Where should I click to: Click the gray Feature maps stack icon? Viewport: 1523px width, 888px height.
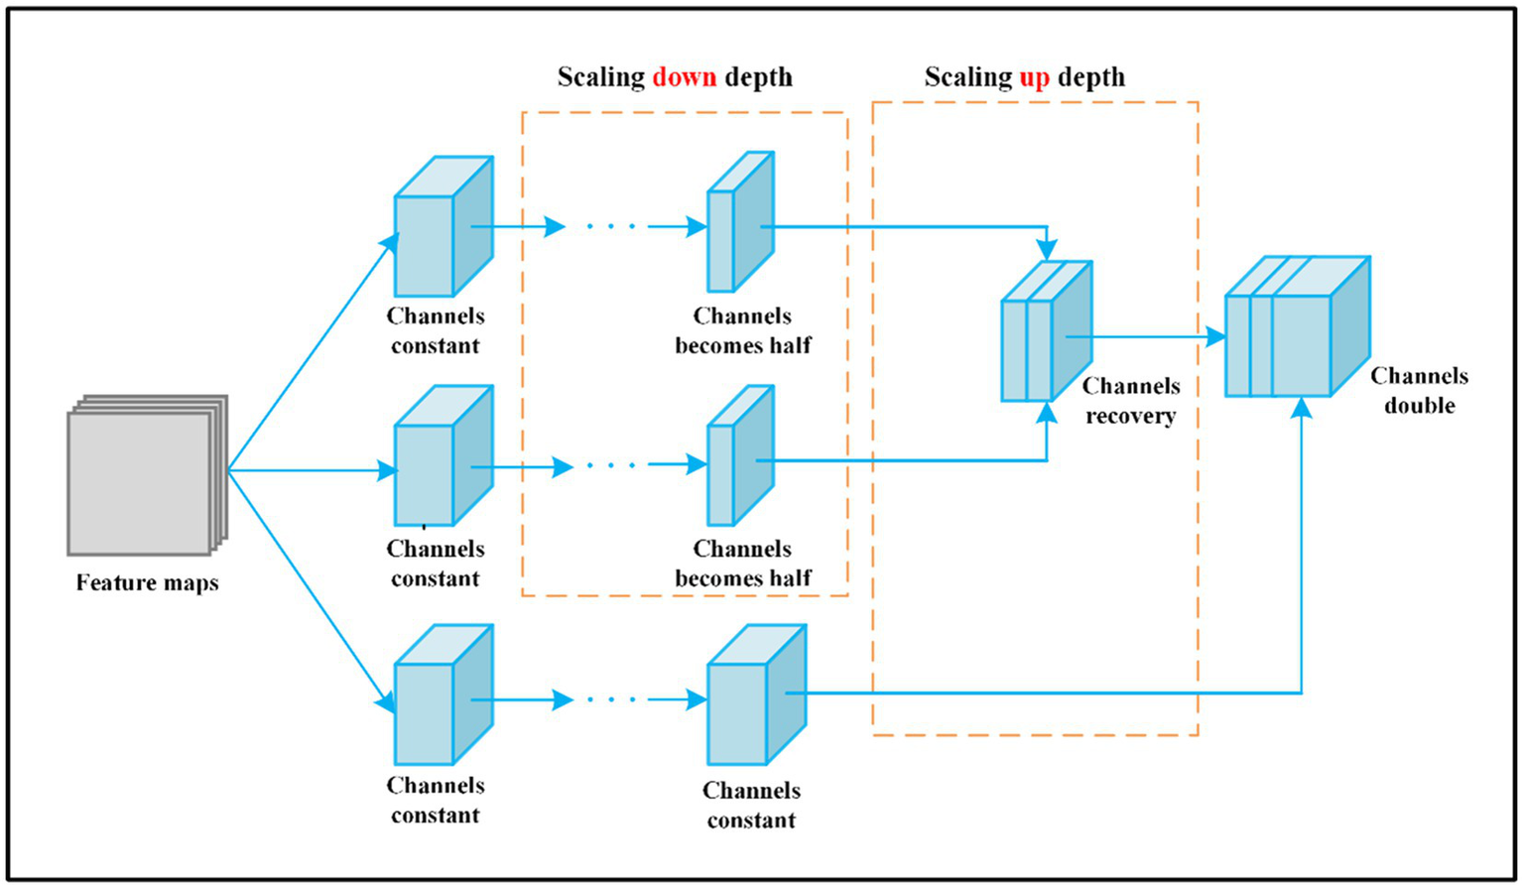pos(147,475)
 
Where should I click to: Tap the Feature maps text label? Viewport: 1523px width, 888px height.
pos(147,582)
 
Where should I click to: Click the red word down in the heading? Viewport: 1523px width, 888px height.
pos(684,77)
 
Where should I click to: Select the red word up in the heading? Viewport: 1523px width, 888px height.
pos(1034,77)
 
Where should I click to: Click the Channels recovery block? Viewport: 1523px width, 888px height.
pos(1046,332)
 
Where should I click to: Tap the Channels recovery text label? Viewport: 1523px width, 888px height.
pos(1130,401)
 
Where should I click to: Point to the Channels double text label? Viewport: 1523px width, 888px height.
pos(1419,391)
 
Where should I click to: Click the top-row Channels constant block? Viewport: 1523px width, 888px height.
pos(443,227)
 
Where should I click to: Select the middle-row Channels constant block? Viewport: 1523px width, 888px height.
pos(443,456)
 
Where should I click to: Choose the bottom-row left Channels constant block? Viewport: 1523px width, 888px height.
pos(443,696)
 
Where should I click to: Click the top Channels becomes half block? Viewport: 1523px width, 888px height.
pos(739,223)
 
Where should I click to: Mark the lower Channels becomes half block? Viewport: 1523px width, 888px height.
pos(739,456)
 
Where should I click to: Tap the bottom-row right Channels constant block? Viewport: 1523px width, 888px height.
pos(755,696)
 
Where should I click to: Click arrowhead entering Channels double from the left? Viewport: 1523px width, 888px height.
pos(1215,337)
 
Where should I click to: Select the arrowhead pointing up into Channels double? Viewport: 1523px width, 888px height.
pos(1302,407)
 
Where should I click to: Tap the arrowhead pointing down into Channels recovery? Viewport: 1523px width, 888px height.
pos(1047,249)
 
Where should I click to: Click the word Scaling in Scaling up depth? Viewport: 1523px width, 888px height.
pos(966,77)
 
